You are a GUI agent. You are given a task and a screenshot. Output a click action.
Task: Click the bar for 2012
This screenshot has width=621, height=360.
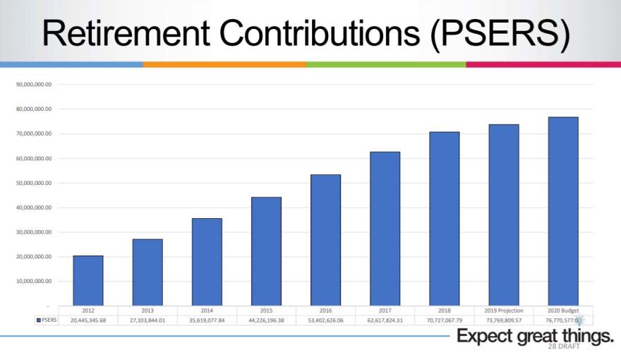coord(88,280)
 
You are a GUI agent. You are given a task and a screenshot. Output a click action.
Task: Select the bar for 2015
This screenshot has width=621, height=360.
coord(266,251)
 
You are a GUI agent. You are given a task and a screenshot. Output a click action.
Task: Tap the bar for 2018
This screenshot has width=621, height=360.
coord(444,219)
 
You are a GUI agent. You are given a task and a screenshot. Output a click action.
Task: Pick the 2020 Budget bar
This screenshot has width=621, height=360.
coord(563,211)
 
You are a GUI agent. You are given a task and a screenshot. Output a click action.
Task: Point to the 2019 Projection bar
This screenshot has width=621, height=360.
coord(504,215)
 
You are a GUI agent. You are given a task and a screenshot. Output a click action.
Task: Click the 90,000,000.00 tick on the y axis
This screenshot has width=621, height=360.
coord(34,85)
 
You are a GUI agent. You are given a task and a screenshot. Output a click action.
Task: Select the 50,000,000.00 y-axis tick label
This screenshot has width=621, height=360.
coord(34,183)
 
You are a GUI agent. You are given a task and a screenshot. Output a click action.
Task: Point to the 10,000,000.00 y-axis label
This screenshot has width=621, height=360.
coord(34,282)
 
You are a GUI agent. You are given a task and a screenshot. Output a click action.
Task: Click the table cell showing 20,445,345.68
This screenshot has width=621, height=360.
coord(88,320)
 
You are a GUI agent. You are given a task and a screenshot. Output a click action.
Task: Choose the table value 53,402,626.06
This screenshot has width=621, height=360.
coord(325,320)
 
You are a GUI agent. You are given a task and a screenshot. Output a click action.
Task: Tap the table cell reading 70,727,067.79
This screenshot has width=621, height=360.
coord(444,320)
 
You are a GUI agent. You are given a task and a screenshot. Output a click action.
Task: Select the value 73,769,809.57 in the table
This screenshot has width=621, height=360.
coord(504,320)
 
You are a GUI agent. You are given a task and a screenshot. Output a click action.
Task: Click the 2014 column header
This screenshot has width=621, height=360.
coord(207,311)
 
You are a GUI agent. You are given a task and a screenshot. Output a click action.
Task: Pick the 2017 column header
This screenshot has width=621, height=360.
coord(385,311)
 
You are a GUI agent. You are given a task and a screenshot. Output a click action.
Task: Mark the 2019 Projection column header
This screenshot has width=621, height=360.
coord(504,311)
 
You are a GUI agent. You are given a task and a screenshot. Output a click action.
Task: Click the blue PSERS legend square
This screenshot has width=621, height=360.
coord(38,320)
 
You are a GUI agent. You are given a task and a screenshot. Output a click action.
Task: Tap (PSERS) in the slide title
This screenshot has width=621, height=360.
coord(498,34)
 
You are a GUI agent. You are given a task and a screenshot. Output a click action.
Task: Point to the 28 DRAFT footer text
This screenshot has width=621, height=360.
coord(563,347)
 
